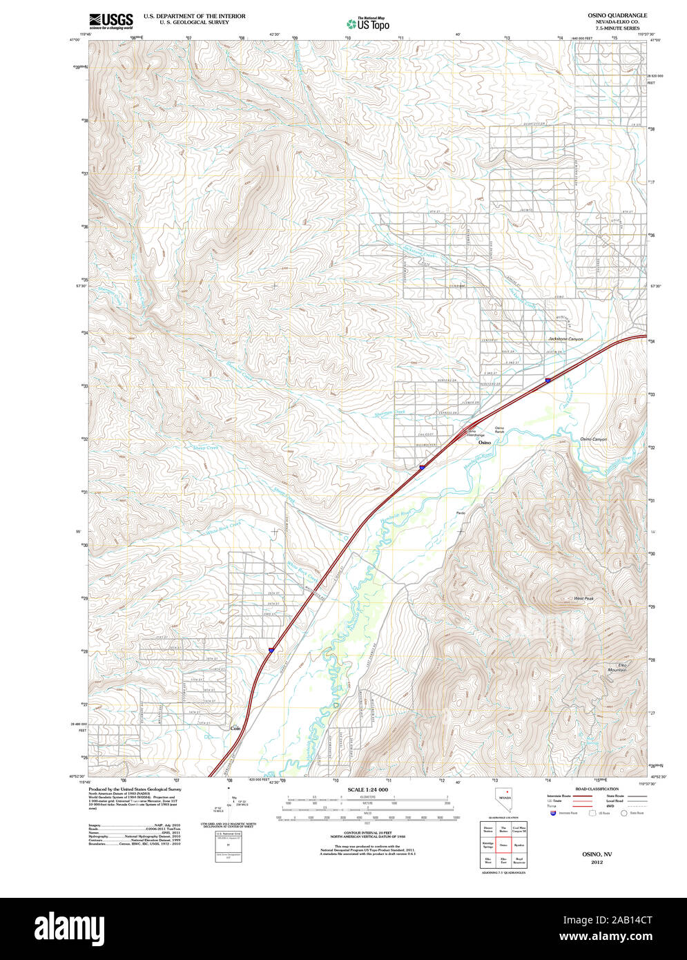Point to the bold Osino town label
(x=485, y=442)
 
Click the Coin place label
(x=235, y=727)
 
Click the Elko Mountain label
(x=617, y=668)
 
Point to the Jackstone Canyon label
(x=565, y=339)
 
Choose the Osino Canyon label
(x=593, y=439)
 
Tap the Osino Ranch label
(x=499, y=430)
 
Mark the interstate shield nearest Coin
(x=271, y=650)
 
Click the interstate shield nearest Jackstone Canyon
(x=548, y=380)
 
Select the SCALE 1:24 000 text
(x=367, y=789)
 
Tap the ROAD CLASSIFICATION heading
(x=597, y=789)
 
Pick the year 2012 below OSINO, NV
(x=597, y=862)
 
